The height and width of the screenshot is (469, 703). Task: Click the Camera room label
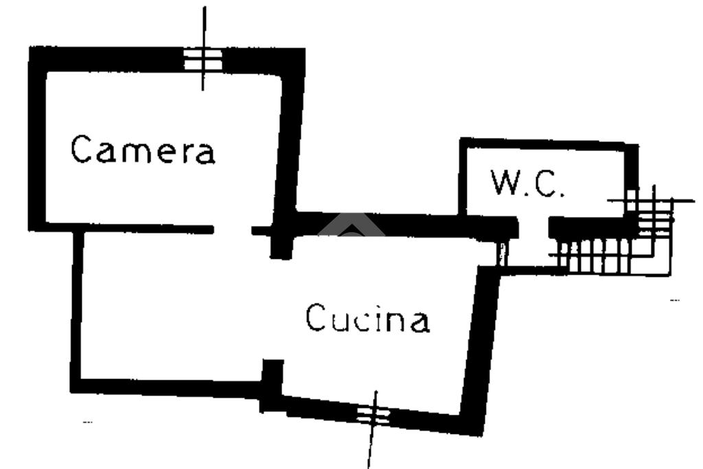[143, 149]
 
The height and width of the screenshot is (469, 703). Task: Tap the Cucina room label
[368, 319]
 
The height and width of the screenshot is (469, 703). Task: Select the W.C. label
[527, 183]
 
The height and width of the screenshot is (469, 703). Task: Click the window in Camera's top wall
[203, 60]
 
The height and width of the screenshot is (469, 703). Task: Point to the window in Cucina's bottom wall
[373, 415]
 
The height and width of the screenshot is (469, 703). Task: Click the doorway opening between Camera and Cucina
[232, 230]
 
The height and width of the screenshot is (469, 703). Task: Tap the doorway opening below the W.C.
[533, 228]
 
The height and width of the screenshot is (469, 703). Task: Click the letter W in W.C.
[503, 182]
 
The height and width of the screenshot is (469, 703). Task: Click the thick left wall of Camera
[37, 139]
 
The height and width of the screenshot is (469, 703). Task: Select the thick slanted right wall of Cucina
[480, 350]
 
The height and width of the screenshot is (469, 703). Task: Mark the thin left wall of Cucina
[77, 310]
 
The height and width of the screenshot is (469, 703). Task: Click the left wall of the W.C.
[463, 176]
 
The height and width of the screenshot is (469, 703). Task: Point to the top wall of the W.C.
[549, 144]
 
